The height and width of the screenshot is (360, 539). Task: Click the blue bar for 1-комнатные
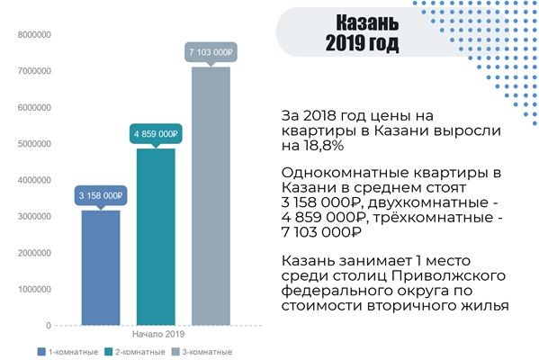[101, 267]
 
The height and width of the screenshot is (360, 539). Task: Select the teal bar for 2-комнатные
[156, 237]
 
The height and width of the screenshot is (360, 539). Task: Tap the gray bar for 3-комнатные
[211, 196]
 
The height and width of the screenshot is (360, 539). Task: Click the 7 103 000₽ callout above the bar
[211, 52]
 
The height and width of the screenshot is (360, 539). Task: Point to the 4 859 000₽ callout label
[156, 134]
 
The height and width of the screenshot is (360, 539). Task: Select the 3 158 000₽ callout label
[101, 195]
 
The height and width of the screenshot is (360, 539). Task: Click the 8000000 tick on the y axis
[34, 35]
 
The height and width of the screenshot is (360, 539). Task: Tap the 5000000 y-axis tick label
[34, 144]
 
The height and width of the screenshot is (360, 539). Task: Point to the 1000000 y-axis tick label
[34, 289]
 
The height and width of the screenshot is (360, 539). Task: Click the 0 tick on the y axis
[49, 325]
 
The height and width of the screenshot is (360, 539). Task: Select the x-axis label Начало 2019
[158, 334]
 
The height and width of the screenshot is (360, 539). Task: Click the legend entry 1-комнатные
[67, 352]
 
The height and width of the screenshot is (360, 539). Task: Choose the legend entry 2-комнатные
[135, 352]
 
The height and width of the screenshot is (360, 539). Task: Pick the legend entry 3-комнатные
[202, 352]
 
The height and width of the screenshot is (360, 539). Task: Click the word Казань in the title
[367, 22]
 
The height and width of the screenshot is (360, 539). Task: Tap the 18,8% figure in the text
[323, 146]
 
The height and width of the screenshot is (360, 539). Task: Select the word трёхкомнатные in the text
[433, 217]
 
